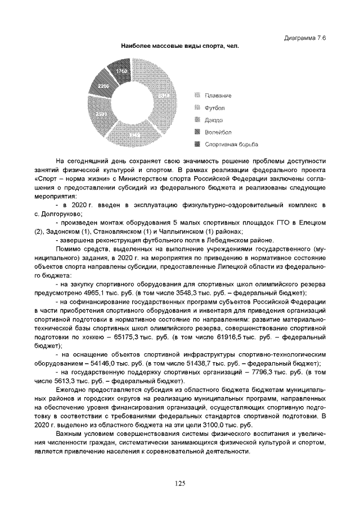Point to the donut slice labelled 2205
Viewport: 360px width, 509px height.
(103, 86)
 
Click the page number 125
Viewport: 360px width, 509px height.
(179, 483)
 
